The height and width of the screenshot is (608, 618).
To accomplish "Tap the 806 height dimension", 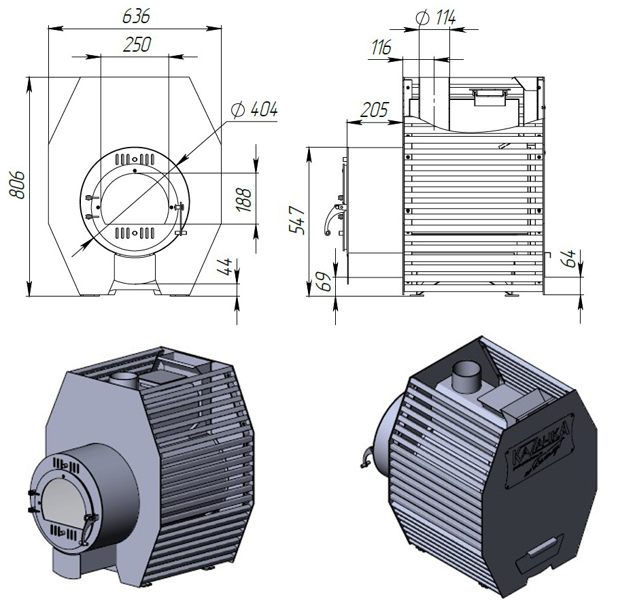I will [x=18, y=183].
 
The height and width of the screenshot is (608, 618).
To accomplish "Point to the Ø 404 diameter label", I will [x=254, y=109].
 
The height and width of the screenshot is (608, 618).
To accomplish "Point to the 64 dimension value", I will [x=569, y=258].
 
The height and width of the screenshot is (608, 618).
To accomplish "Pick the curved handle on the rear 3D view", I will [x=365, y=458].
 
